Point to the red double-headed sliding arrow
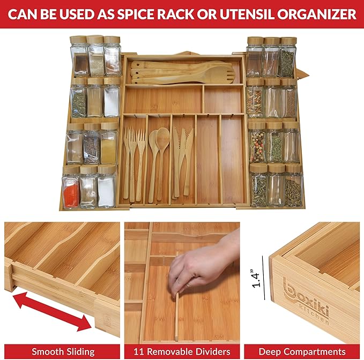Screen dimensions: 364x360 tap(52, 312)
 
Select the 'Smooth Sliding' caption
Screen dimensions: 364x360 tap(63, 351)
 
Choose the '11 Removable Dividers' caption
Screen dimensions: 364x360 tap(182, 351)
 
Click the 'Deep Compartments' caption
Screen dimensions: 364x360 tap(302, 351)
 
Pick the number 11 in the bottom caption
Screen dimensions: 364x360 tap(138, 351)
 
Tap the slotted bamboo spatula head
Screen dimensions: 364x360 tap(220, 74)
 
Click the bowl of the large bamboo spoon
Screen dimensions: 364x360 tap(162, 137)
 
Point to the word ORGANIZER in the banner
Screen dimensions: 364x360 tap(317, 14)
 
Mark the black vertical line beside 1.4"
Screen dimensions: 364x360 tap(263, 277)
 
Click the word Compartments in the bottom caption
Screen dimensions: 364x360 tap(316, 352)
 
